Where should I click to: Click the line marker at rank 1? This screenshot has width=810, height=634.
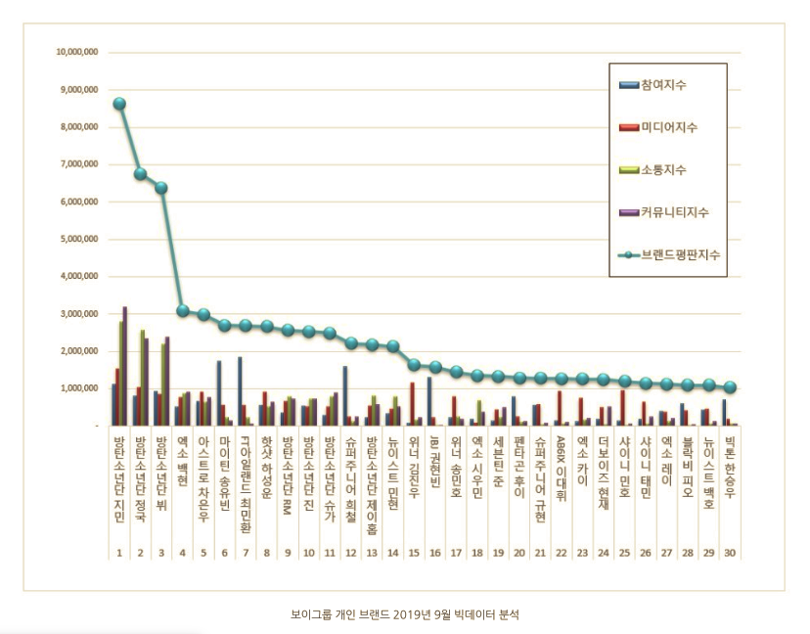point(119,104)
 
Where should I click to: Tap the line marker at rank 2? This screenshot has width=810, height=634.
point(140,174)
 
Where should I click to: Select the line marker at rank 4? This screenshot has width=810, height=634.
point(183,310)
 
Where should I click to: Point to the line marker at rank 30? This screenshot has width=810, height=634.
point(730,387)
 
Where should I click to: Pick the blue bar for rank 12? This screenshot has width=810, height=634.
point(345,395)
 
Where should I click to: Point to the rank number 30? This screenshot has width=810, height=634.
point(730,553)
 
